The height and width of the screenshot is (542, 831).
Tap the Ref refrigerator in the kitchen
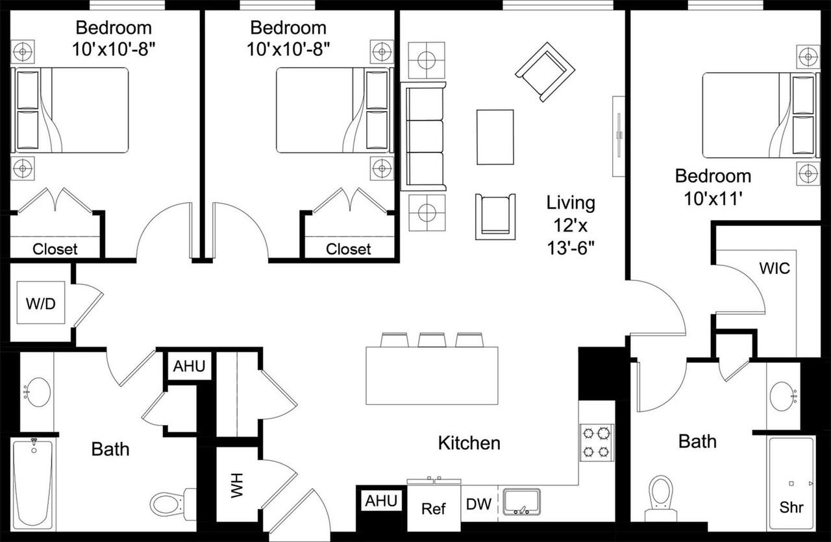433,508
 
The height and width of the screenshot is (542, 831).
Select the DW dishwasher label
478,504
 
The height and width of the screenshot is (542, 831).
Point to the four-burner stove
597,442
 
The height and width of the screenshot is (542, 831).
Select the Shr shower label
791,507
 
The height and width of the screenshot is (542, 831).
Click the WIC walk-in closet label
775,267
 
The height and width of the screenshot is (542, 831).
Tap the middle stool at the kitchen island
430,340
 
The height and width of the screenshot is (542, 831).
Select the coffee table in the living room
495,137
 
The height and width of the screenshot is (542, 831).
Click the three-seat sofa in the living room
423,136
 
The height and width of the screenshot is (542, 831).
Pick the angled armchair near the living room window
545,71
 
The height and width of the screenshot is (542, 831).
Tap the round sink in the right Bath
784,395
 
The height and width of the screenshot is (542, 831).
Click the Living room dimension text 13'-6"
570,247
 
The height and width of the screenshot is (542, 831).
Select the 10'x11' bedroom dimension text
713,198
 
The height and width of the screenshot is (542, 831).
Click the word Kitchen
469,443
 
